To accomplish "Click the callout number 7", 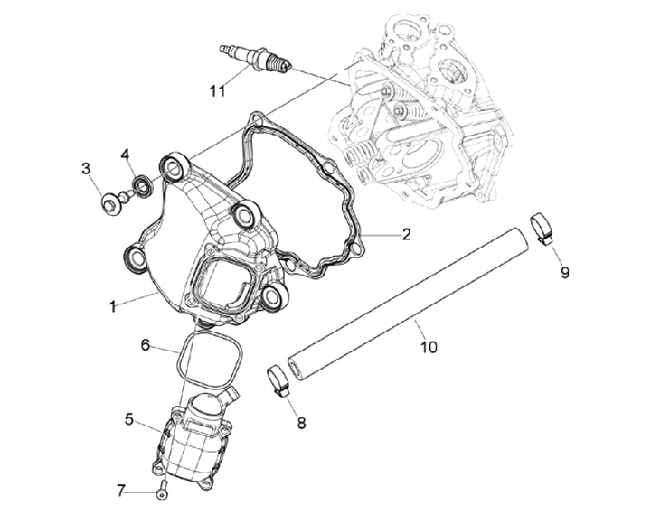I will [120, 492].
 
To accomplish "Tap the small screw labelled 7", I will [160, 491].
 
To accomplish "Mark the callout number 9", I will [564, 272].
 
